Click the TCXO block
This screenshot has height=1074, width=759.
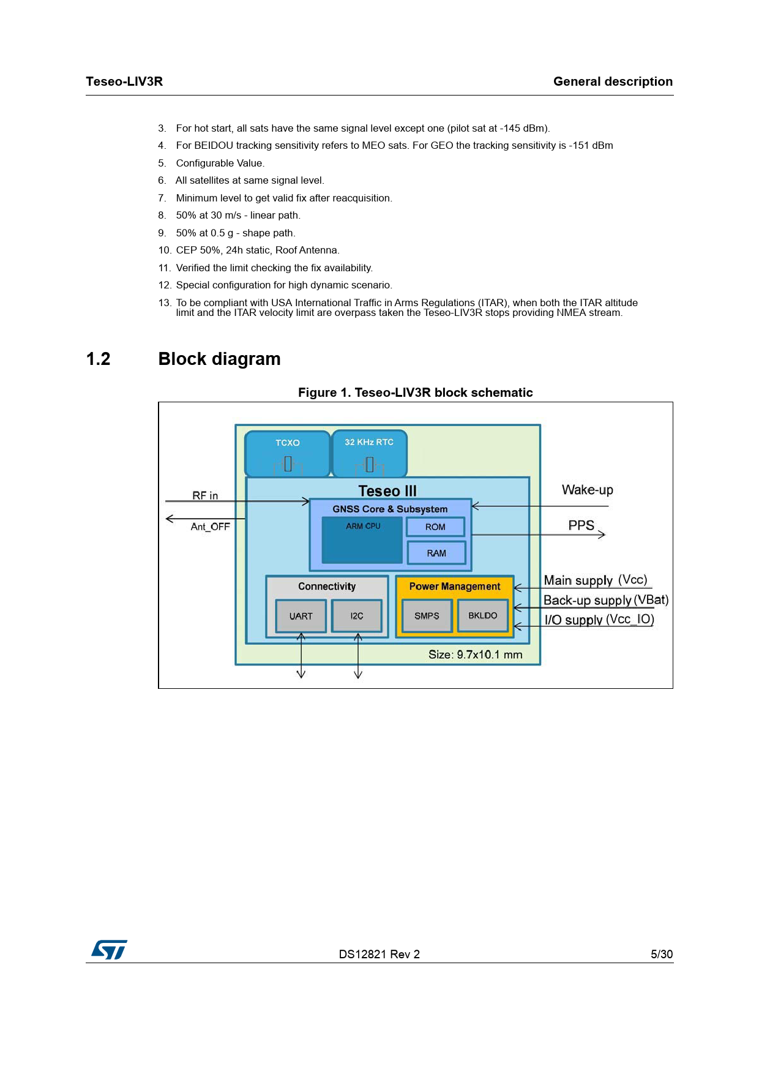click(x=287, y=454)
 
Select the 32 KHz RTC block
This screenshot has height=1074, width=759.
click(x=369, y=454)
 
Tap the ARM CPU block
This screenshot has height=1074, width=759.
click(x=362, y=540)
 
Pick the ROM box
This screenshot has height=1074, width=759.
click(x=435, y=527)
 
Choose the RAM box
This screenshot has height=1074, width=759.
click(x=436, y=553)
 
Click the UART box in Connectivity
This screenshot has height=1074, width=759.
click(x=301, y=616)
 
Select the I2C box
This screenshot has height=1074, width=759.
click(x=357, y=616)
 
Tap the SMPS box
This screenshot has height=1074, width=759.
click(x=427, y=616)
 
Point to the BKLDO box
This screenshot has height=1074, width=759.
click(x=483, y=615)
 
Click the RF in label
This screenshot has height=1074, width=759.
click(x=205, y=495)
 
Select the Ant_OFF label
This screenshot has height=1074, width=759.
click(x=210, y=527)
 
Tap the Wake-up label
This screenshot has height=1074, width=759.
click(x=587, y=490)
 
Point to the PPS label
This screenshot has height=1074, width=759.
click(x=581, y=525)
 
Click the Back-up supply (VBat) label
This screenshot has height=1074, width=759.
click(x=605, y=600)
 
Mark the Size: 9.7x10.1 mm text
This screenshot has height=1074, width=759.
click(x=475, y=655)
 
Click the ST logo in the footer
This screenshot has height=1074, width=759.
click(x=109, y=950)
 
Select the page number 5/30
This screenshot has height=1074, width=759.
click(x=661, y=954)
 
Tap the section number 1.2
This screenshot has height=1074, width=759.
click(x=99, y=359)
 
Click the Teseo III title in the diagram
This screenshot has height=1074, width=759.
click(x=387, y=491)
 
